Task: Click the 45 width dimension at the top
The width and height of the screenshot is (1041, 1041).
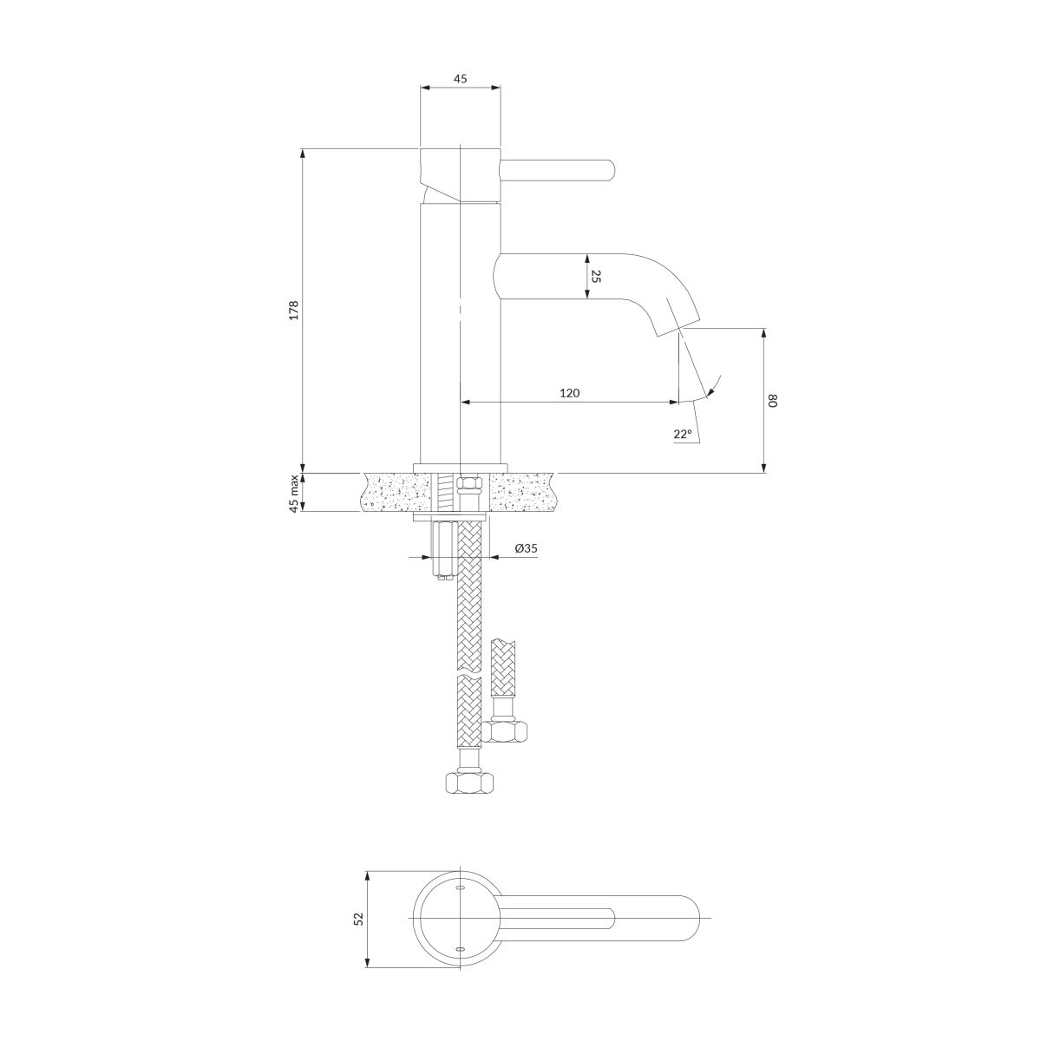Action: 460,79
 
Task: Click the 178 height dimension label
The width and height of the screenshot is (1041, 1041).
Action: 293,311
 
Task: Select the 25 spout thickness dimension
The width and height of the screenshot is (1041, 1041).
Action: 596,277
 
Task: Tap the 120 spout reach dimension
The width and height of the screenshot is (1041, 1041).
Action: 569,393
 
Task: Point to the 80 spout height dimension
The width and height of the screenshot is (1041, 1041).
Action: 773,400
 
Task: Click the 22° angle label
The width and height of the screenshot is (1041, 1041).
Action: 683,434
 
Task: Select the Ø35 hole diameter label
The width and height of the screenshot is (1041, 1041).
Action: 526,548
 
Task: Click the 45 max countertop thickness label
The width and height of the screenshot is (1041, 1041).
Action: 294,493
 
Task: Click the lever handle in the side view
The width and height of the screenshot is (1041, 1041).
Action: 558,171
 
